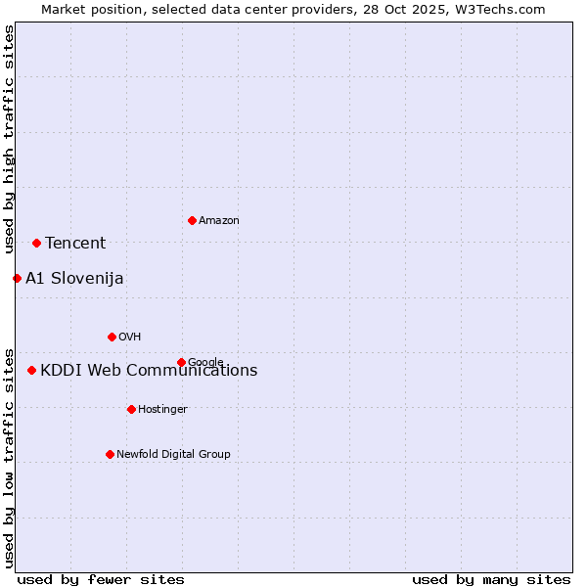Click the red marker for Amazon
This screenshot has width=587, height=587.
192,220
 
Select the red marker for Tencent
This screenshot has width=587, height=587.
36,243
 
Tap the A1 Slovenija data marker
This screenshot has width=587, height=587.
17,278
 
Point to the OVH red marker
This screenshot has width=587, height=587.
112,337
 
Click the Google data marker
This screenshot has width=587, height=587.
181,362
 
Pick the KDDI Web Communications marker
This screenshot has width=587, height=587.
32,370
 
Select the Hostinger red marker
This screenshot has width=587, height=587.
131,409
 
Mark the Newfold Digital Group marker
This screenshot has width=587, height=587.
110,454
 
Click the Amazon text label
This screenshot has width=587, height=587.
219,221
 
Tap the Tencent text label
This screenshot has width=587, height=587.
75,244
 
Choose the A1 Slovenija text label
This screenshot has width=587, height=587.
74,279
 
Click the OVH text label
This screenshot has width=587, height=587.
130,338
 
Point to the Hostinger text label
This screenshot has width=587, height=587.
162,410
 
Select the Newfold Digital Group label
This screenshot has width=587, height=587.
173,455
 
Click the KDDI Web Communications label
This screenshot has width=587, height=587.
149,371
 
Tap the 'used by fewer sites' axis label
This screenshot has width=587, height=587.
101,580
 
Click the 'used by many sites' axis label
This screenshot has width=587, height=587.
491,580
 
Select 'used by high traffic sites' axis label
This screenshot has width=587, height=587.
10,139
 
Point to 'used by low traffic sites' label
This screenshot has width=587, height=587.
10,457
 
